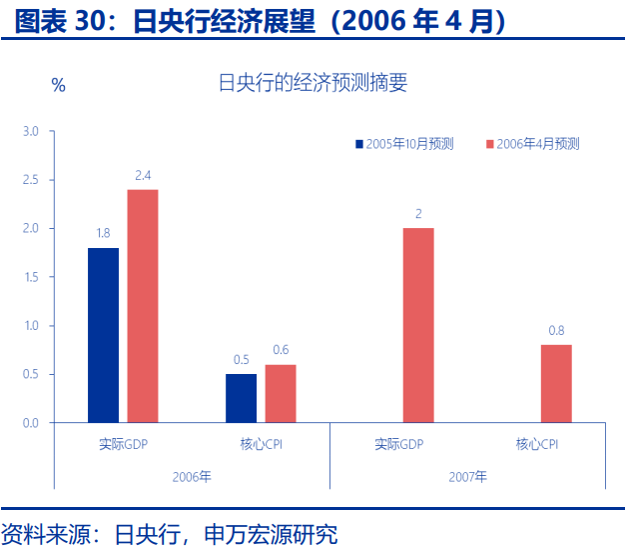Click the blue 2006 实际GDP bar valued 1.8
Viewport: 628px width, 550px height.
point(103,335)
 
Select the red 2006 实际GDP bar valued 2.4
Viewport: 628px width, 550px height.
point(143,306)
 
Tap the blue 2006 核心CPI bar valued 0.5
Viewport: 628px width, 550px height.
point(241,398)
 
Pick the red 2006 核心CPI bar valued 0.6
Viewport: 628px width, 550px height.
point(281,393)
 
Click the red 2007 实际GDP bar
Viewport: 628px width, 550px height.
point(418,325)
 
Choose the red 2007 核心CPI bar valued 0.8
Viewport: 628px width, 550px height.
point(556,384)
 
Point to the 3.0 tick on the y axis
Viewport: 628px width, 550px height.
point(31,131)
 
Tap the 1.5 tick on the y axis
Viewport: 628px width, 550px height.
point(31,277)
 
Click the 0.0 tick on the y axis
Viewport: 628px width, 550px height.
point(31,423)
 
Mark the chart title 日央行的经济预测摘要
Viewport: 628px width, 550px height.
point(313,84)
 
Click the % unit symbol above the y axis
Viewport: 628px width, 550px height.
point(59,86)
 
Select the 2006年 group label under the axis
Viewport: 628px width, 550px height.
point(192,477)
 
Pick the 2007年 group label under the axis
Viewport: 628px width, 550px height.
point(467,477)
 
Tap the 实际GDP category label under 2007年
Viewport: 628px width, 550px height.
point(399,443)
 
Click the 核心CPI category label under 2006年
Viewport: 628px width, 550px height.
point(262,443)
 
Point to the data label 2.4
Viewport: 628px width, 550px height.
point(143,176)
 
